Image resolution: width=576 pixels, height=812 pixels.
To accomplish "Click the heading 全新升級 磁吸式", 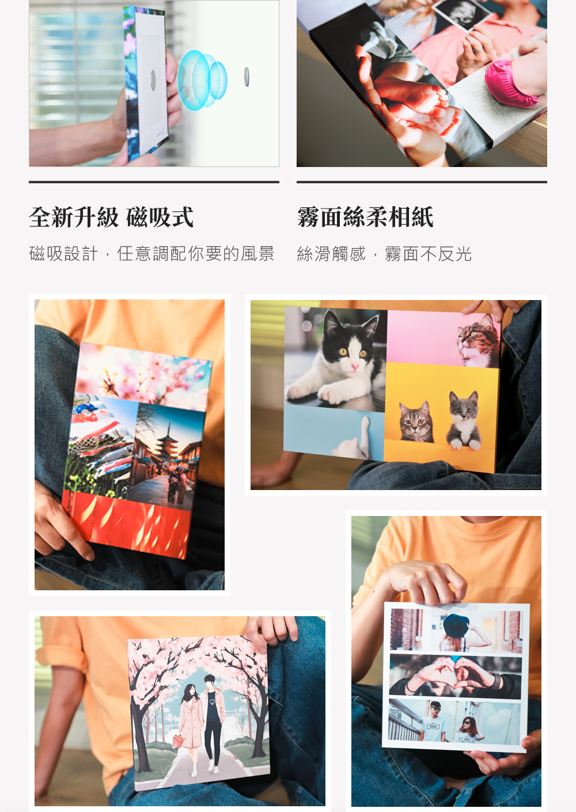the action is coord(111,217).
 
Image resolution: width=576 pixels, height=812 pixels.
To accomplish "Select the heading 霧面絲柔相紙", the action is coord(365,217).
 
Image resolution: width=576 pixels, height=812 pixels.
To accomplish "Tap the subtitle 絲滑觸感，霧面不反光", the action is coord(384,254).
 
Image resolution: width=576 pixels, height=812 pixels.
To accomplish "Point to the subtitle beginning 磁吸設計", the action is coord(151,253).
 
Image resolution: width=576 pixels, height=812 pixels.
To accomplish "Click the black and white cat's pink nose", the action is coord(354,367).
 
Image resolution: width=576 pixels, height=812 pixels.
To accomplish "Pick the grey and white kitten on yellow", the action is coord(464,420).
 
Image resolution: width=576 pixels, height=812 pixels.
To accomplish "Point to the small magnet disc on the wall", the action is coord(247,77).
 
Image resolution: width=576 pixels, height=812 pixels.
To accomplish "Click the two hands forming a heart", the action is coord(455,673).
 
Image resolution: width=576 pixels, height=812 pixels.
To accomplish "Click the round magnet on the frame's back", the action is coord(153,80).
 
